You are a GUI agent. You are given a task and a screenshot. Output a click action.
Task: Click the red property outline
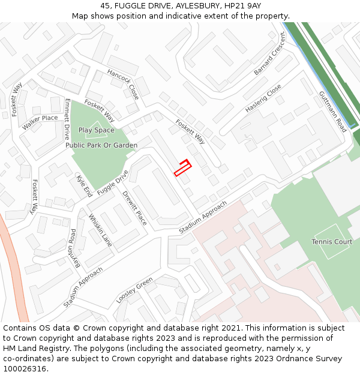coord(182,167)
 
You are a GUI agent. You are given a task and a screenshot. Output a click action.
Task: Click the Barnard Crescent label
coord(270,62)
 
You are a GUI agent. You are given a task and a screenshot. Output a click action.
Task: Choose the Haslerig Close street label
coord(263,98)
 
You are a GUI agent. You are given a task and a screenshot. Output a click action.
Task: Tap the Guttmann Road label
coord(332,112)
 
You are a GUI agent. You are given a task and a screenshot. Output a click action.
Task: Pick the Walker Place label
coord(40,122)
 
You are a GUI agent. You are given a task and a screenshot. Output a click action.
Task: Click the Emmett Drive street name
coord(67,119)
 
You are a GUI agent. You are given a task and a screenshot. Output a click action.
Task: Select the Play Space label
coord(96,130)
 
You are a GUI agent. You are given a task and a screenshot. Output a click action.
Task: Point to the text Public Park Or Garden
coord(101,145)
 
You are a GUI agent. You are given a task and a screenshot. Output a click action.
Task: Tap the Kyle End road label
coord(84,187)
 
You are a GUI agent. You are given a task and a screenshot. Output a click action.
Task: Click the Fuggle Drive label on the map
coord(113,182)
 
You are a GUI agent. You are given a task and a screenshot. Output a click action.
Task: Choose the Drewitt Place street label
coord(134,207)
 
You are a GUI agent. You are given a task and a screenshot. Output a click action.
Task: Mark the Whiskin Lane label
coord(100,230)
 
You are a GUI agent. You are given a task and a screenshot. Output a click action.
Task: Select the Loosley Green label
coord(134,290)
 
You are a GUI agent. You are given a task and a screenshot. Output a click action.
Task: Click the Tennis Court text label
coord(332,242)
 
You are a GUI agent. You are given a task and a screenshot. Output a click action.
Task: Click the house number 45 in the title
coord(105,5)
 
